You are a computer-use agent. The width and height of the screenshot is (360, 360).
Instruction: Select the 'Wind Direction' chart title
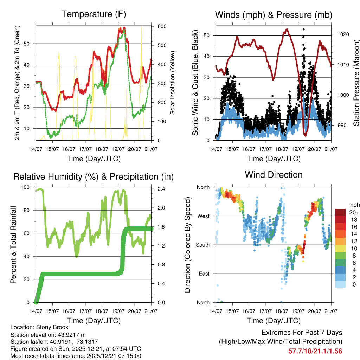(274, 175)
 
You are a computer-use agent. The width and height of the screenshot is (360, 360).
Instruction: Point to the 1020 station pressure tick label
(342, 34)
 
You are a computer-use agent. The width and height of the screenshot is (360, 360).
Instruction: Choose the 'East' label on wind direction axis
(203, 274)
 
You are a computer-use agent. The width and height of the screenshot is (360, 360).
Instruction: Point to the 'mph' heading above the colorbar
(353, 205)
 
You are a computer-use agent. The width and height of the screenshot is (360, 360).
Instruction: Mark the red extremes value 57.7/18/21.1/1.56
(315, 351)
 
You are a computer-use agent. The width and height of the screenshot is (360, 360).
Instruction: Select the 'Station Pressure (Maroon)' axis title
(356, 77)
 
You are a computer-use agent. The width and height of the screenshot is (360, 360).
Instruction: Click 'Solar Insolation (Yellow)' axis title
(173, 83)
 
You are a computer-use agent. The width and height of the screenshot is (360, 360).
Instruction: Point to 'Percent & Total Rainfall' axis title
(13, 245)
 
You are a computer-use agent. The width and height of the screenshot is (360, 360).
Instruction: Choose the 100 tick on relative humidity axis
(26, 187)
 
